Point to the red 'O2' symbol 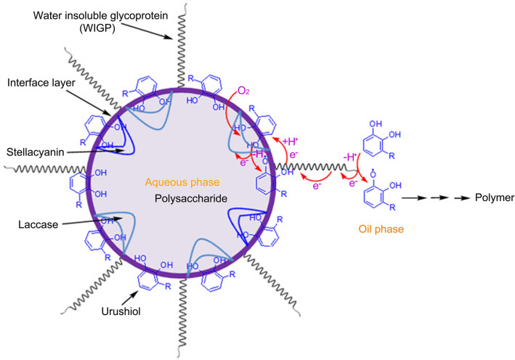(243, 91)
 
